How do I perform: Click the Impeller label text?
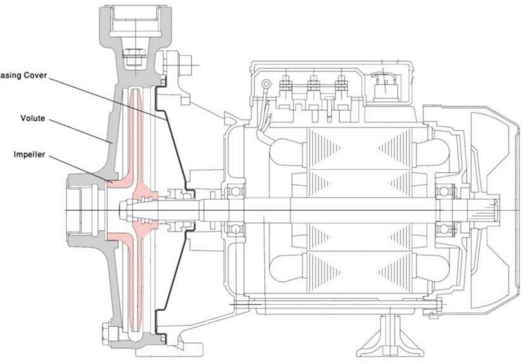(x=29, y=155)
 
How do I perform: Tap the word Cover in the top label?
(x=36, y=75)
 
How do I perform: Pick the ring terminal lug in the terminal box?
(x=266, y=85)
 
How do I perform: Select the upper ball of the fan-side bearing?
(x=444, y=191)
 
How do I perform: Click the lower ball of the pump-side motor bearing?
(x=232, y=228)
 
